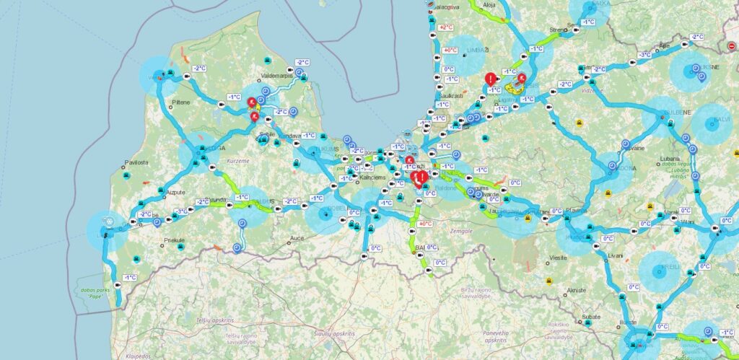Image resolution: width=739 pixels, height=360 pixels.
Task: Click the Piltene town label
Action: tap(181, 102)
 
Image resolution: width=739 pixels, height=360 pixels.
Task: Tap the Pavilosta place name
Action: tap(136, 163)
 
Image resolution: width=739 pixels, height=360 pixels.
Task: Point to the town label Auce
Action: tap(297, 237)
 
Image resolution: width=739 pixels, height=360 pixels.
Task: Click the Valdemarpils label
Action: tap(279, 75)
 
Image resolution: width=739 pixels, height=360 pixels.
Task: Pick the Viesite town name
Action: tap(558, 257)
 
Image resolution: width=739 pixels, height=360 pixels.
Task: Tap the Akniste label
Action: tap(577, 289)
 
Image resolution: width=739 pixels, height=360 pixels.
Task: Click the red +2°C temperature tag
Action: tap(445, 27)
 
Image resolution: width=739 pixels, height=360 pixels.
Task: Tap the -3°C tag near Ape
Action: tap(644, 55)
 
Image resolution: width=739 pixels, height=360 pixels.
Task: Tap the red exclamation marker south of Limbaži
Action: tap(491, 79)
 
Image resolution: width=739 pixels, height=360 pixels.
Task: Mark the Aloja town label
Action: tap(490, 4)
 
